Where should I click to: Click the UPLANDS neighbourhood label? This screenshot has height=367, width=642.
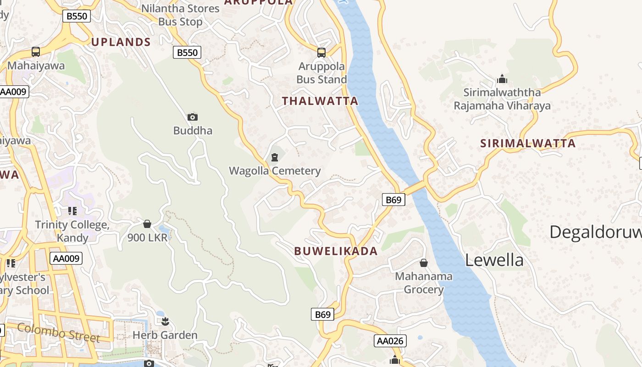pos(121,42)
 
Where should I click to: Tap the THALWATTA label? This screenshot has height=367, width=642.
pos(320,101)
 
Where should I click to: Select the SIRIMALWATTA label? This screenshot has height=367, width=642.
pos(527,143)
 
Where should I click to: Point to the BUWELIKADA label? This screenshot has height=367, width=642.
pos(336,251)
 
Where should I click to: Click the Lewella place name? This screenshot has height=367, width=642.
pos(494,260)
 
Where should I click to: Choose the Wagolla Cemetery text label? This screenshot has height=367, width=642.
pos(275,171)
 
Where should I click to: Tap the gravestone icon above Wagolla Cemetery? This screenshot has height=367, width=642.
pos(275,158)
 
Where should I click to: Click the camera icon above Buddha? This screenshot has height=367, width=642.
pos(193,117)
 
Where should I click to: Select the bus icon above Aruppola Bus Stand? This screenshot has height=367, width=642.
pos(321,53)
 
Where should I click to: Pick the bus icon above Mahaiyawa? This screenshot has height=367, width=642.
pos(36,52)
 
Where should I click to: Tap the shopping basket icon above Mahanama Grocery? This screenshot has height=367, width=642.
pos(424,263)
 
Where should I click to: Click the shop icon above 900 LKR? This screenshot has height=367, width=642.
pos(147,224)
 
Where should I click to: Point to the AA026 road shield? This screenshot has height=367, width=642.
pos(390,341)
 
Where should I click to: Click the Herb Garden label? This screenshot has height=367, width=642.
pos(165,335)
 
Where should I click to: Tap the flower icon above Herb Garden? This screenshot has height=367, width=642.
pos(165,321)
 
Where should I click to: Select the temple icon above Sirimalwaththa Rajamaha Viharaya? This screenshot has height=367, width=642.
pos(502,79)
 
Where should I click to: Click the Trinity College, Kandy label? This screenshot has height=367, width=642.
pos(72,231)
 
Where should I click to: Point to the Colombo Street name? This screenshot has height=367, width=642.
pos(59,332)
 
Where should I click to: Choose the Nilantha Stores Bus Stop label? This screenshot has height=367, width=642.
pos(180,15)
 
